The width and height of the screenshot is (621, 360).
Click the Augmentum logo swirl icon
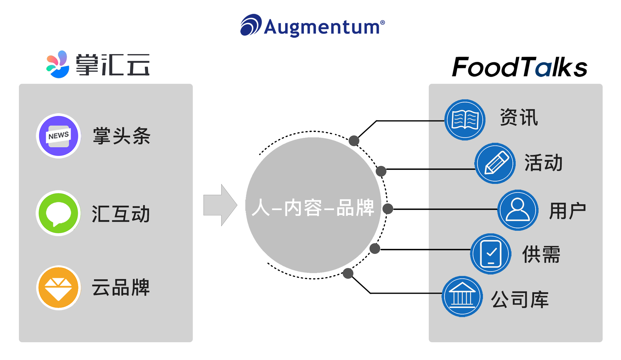coord(251,25)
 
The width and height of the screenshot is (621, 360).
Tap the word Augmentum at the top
coord(322,27)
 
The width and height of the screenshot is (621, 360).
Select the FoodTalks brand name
coord(519,67)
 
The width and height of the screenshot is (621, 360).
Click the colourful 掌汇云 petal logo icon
coord(58,64)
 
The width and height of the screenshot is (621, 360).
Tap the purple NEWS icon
coord(58,136)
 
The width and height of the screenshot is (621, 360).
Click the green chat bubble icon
coord(58,213)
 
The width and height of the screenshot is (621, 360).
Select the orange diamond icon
coord(58,288)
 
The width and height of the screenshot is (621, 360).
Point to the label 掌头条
coord(122,136)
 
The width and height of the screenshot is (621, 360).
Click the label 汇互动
coord(121,214)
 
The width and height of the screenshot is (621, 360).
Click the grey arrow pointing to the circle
coord(220,205)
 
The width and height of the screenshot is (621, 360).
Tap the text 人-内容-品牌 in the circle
coord(313,208)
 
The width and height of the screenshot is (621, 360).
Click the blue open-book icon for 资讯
coord(465,120)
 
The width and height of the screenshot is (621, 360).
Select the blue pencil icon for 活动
coord(495,163)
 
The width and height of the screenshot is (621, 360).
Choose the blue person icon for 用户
coord(518,210)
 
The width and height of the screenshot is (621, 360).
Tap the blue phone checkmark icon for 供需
coord(491,254)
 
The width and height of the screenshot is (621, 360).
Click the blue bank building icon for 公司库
coord(462,297)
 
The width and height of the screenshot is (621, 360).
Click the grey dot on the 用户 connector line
coord(388,209)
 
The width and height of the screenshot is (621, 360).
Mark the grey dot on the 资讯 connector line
coord(354,141)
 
